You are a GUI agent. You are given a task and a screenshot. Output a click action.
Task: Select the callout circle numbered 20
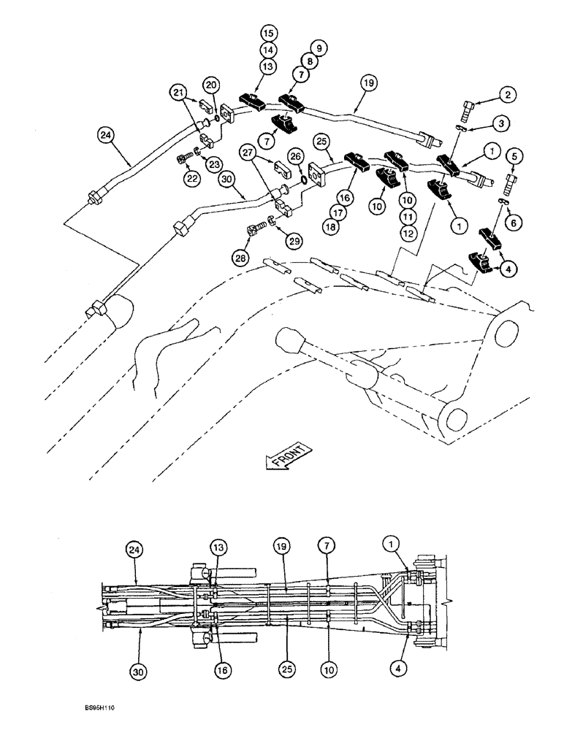pyautogui.click(x=211, y=85)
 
